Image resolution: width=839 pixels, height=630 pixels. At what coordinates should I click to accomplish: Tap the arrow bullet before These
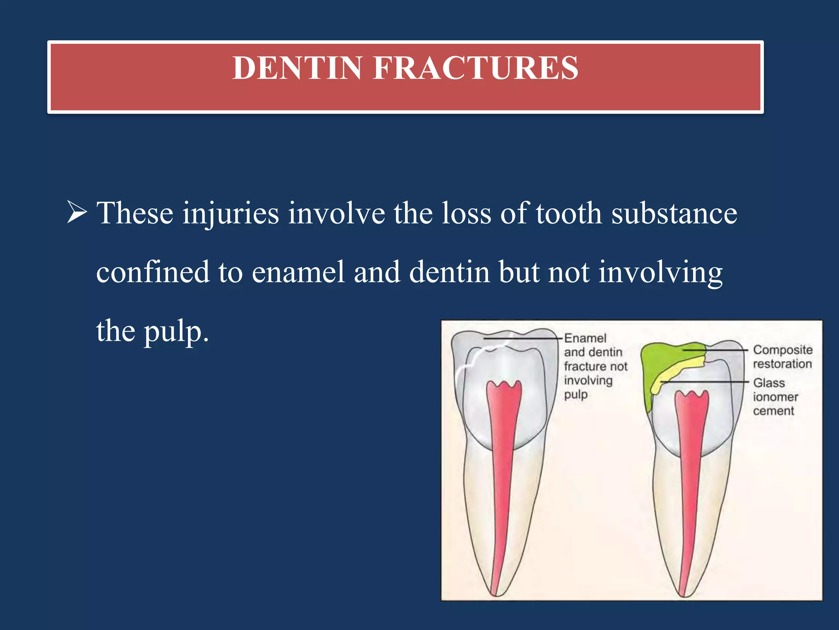(x=77, y=212)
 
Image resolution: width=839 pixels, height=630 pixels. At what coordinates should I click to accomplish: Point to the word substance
(x=674, y=213)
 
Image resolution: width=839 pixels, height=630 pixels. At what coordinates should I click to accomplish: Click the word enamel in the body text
(x=298, y=272)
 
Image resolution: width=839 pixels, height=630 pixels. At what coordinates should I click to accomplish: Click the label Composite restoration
(x=782, y=356)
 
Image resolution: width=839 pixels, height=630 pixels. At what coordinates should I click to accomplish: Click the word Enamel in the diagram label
(x=585, y=338)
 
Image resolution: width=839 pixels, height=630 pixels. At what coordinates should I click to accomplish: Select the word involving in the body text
(x=660, y=273)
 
